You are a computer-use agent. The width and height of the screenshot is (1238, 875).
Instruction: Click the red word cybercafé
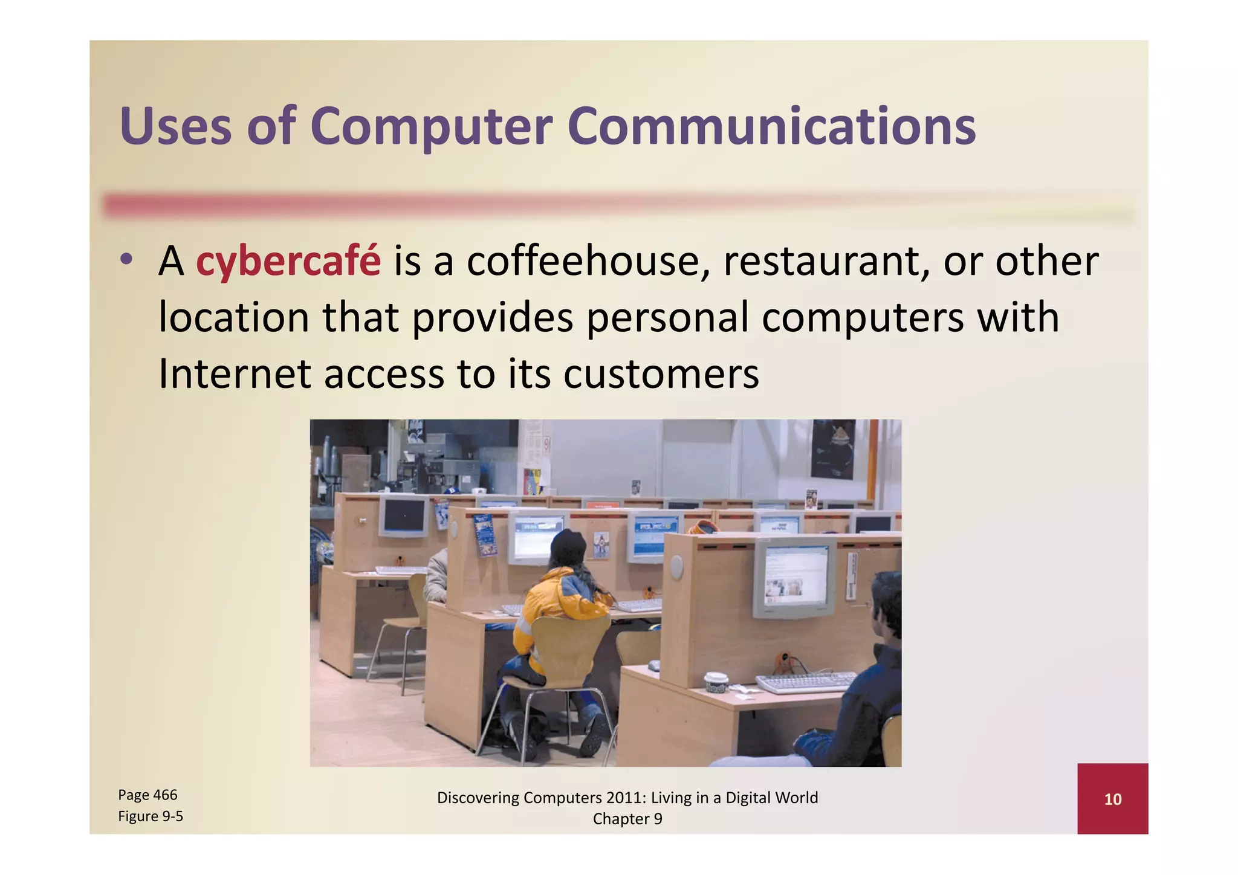pyautogui.click(x=288, y=262)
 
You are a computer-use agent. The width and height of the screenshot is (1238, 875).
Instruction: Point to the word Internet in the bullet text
pyautogui.click(x=235, y=373)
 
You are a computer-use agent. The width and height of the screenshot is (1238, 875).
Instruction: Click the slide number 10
pyautogui.click(x=1112, y=799)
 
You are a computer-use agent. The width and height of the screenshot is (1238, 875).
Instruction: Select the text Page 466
pyautogui.click(x=147, y=795)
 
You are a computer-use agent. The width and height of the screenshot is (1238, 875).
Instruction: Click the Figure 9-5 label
pyautogui.click(x=150, y=816)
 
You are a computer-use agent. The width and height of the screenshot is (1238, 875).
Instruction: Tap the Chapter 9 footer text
pyautogui.click(x=627, y=819)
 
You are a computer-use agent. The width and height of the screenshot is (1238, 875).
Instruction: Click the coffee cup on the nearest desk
pyautogui.click(x=715, y=681)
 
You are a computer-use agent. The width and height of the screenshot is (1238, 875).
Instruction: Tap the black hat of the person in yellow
pyautogui.click(x=568, y=547)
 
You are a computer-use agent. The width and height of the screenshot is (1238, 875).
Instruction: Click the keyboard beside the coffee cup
pyautogui.click(x=804, y=683)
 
